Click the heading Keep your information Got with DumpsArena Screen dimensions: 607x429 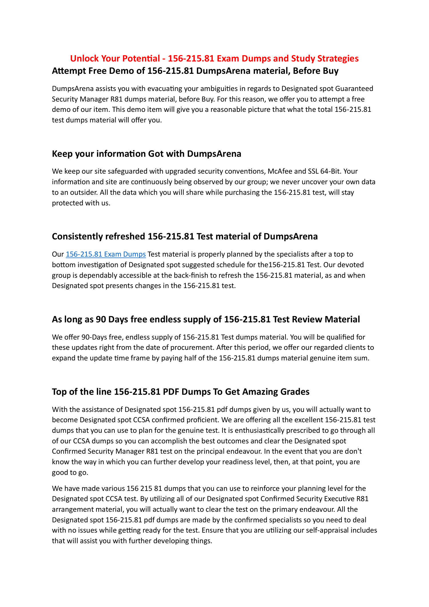(146, 154)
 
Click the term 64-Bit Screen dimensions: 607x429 (331, 171)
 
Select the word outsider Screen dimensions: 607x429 (84, 192)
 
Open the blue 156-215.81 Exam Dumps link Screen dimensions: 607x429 (106, 254)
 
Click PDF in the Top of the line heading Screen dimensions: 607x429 (171, 392)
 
